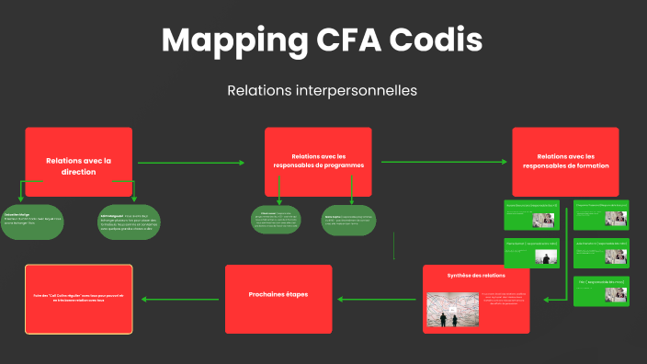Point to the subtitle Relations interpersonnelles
[x=322, y=91]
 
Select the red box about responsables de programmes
[x=318, y=161]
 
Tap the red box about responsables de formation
[x=565, y=161]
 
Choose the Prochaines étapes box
[x=278, y=299]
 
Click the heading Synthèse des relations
[x=475, y=276]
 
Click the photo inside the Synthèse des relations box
[x=448, y=310]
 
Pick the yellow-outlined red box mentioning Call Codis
[x=79, y=299]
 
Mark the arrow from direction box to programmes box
[x=190, y=163]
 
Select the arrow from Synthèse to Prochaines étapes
[x=378, y=299]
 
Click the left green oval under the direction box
[x=31, y=221]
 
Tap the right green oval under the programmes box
[x=349, y=220]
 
